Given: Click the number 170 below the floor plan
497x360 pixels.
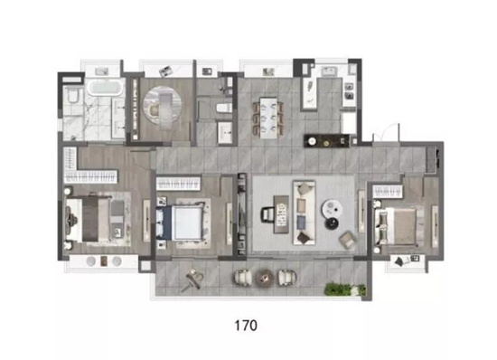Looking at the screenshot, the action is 246,326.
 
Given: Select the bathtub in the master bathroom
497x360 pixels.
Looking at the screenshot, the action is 105,88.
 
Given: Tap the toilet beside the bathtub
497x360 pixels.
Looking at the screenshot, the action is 73,95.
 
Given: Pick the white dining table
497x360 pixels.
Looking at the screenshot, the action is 268,118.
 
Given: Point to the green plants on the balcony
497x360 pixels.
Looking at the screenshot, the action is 345,289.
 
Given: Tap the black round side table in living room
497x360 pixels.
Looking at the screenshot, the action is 333,223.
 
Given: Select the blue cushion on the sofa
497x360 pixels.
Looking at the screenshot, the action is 301,222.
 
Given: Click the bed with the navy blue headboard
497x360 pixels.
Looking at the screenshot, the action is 180,222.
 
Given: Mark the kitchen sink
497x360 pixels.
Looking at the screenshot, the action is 331,71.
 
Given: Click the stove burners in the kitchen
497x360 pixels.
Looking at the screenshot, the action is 349,91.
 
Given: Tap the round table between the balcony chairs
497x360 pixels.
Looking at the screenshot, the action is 265,277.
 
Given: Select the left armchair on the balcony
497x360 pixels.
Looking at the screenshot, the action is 243,277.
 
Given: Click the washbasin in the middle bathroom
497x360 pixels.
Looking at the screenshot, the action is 225,132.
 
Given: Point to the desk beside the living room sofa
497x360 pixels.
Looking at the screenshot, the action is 281,214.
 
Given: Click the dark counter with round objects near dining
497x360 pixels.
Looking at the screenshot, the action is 326,141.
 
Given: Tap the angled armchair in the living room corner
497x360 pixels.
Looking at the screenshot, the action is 347,240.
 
